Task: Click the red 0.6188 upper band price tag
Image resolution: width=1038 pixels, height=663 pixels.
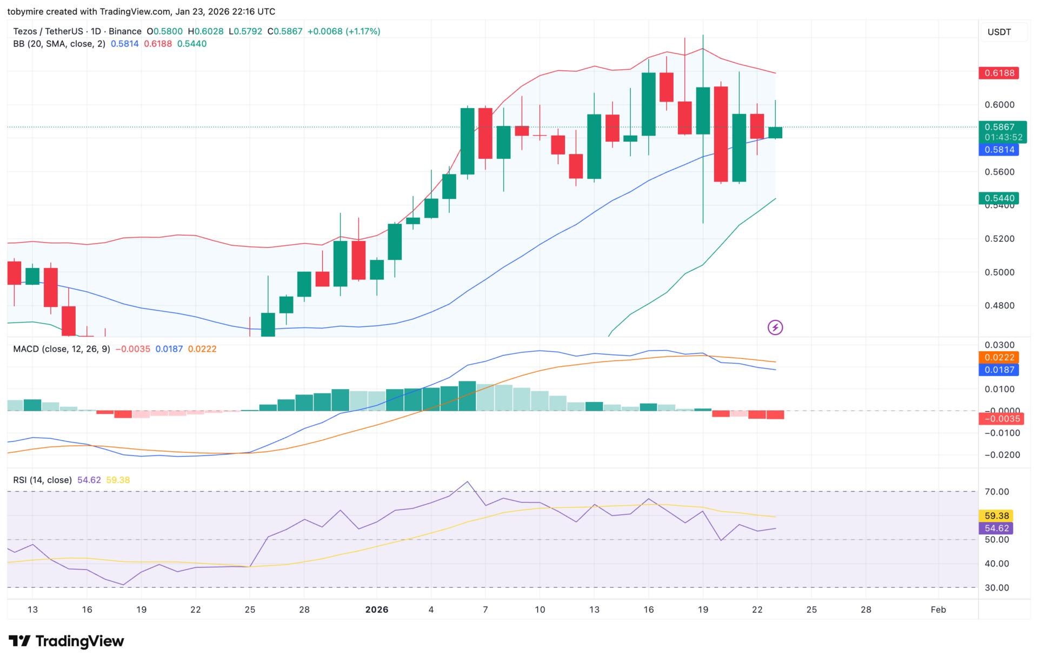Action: (999, 73)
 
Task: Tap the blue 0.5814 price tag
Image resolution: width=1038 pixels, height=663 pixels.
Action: (999, 150)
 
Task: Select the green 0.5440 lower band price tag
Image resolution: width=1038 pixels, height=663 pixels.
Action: (999, 198)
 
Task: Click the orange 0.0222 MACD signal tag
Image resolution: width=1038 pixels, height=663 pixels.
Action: (999, 357)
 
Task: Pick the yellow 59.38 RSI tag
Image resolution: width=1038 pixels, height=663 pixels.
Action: (996, 515)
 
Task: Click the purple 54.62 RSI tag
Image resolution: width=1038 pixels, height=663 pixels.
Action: (996, 528)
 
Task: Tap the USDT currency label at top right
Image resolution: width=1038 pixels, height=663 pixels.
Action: (999, 32)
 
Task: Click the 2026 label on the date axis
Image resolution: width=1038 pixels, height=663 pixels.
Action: (377, 610)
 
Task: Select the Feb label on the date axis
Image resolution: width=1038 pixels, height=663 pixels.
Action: (938, 610)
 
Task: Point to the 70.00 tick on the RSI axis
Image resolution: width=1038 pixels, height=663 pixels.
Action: (996, 492)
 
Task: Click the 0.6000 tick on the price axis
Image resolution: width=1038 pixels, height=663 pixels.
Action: (999, 105)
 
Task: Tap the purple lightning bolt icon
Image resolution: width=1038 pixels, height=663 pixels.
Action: (775, 327)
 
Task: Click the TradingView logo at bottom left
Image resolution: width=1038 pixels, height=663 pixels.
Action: (66, 641)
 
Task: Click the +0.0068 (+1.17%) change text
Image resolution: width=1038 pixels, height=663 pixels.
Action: (344, 31)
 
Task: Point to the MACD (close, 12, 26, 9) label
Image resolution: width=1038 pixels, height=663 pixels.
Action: (61, 349)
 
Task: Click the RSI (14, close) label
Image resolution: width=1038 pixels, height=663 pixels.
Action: (42, 480)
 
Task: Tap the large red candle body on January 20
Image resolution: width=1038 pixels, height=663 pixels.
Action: (721, 134)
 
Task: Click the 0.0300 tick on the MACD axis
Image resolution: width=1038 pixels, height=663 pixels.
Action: (999, 345)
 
